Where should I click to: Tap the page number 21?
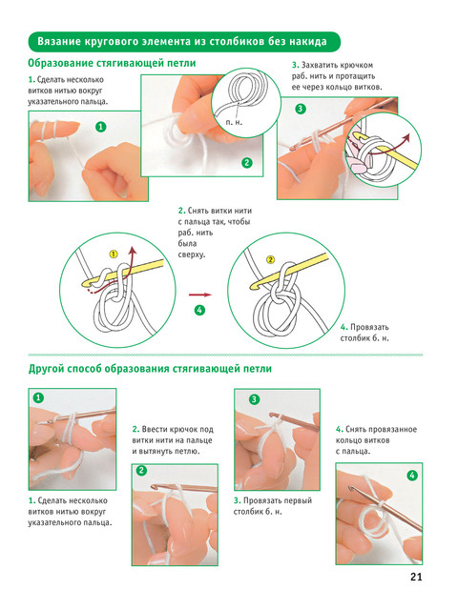pyautogui.click(x=416, y=577)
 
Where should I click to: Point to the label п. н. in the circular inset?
pyautogui.click(x=234, y=122)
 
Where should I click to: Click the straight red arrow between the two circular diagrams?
pyautogui.click(x=200, y=295)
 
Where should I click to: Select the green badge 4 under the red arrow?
pyautogui.click(x=199, y=310)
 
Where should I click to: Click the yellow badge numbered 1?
pyautogui.click(x=114, y=254)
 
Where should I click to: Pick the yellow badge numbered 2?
pyautogui.click(x=270, y=260)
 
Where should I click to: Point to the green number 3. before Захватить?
pyautogui.click(x=295, y=65)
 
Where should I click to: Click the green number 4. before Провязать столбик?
pyautogui.click(x=343, y=327)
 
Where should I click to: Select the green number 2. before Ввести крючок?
pyautogui.click(x=135, y=430)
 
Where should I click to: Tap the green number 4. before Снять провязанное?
pyautogui.click(x=340, y=430)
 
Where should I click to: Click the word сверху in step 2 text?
pyautogui.click(x=191, y=254)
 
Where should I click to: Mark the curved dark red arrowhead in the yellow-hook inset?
pyautogui.click(x=406, y=137)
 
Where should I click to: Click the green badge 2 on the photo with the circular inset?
pyautogui.click(x=247, y=163)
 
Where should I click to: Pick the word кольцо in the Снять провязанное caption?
pyautogui.click(x=347, y=440)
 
